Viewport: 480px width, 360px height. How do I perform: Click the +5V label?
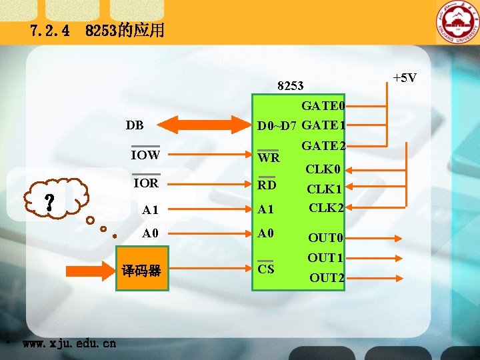(404, 78)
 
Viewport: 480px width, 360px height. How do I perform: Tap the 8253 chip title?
(290, 86)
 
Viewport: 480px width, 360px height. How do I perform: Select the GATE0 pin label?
(323, 106)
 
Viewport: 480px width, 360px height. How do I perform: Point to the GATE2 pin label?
(323, 146)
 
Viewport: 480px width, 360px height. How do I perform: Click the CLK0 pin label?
(323, 169)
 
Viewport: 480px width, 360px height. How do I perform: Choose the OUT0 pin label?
(325, 238)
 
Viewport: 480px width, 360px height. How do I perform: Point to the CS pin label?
(266, 269)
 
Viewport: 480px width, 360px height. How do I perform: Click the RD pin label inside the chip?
(267, 185)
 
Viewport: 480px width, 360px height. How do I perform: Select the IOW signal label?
(145, 155)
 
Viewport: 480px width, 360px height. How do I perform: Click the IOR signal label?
(145, 183)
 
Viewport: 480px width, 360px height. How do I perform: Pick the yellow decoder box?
(143, 271)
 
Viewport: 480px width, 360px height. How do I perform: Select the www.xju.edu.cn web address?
(69, 344)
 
